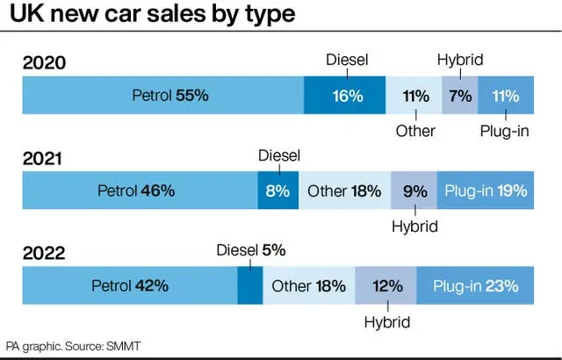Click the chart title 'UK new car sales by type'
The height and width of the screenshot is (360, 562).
point(152,14)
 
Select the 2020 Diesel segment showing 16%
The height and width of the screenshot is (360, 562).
point(345,95)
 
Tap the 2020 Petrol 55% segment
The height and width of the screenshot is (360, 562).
point(163,95)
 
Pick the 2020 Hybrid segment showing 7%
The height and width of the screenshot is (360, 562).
point(460,95)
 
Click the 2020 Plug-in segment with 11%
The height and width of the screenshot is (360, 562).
point(506,95)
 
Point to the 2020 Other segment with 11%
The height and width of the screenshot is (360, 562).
point(414,95)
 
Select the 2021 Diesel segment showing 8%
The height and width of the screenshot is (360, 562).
point(278,191)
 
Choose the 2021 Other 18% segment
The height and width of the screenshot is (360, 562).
point(345,191)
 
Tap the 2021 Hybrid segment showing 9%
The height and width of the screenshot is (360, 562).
point(414,191)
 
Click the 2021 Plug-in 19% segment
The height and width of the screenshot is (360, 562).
point(486,191)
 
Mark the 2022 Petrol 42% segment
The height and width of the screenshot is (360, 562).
point(130,285)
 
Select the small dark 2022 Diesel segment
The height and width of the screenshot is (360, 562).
point(250,285)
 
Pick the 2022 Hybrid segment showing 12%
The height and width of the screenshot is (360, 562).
point(385,285)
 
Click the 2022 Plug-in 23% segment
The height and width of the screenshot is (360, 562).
point(475,285)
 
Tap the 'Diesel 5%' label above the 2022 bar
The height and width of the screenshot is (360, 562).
point(251,250)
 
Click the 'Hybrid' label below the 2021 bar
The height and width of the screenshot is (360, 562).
point(414,227)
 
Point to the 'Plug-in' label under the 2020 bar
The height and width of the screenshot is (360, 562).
point(504,131)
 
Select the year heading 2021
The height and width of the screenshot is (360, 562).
point(42,158)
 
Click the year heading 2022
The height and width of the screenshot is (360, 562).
point(44,253)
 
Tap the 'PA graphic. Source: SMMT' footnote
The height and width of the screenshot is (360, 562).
point(73,346)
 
